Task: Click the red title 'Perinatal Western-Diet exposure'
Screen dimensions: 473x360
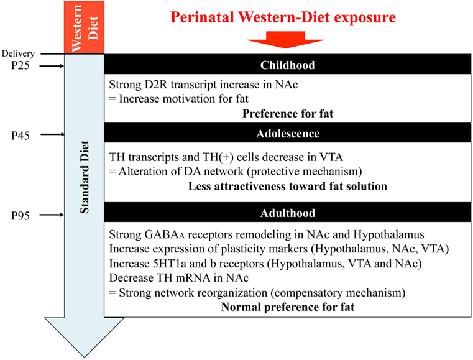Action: [x=283, y=17]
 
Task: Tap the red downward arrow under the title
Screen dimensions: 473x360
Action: [x=285, y=40]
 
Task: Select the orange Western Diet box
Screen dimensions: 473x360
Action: [x=84, y=27]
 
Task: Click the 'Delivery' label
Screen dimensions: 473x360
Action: [x=18, y=53]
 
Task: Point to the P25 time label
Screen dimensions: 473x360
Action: [x=21, y=65]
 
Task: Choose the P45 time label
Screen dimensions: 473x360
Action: [x=21, y=136]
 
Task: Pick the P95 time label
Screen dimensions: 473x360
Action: [x=21, y=216]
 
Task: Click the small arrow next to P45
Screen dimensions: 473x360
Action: [x=52, y=134]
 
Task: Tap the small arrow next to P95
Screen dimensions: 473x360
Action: [x=52, y=215]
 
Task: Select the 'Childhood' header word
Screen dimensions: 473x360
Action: [x=288, y=65]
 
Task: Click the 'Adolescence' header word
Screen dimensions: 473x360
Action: [x=288, y=134]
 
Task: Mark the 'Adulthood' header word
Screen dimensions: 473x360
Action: [x=288, y=213]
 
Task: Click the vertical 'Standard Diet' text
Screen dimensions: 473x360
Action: [x=85, y=177]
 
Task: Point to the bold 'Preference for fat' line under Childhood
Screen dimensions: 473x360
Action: [x=288, y=114]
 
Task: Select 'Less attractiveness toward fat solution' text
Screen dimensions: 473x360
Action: [x=288, y=186]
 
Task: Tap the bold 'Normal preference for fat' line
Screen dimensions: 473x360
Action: [x=288, y=307]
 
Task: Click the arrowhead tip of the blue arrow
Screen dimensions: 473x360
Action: [x=84, y=358]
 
